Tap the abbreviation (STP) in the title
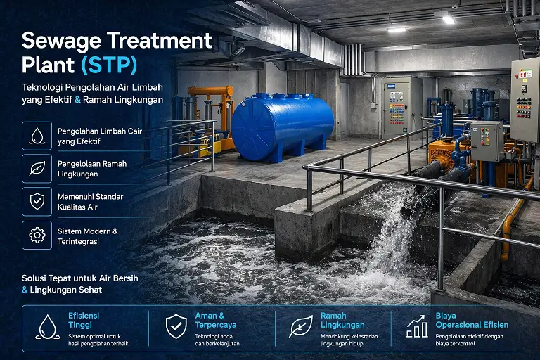coord(110,65)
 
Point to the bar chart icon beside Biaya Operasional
coord(416,326)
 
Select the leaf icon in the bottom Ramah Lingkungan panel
coord(300,326)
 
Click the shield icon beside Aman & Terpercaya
coord(176,326)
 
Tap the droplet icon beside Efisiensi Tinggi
coord(48,326)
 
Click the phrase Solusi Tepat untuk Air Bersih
coord(79,278)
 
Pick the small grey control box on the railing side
coord(487,141)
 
